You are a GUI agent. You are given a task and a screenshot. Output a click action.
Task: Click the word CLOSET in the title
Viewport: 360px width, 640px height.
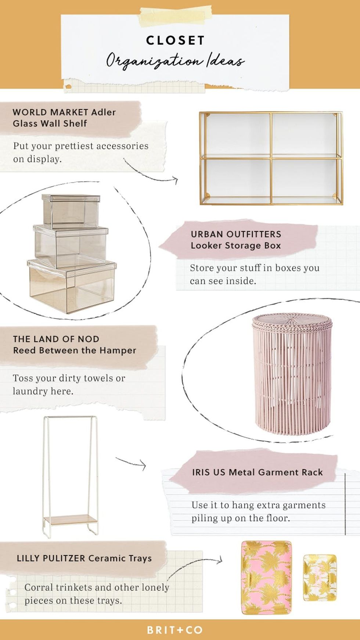point(175,40)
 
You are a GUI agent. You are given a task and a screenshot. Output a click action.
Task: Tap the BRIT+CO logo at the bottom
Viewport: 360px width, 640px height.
point(175,630)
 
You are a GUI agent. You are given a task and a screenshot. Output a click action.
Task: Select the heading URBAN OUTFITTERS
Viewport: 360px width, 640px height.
point(236,234)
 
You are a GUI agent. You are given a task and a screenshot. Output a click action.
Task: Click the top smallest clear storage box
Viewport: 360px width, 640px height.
point(71,211)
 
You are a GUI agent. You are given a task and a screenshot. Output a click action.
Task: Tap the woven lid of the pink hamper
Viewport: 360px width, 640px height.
point(292,321)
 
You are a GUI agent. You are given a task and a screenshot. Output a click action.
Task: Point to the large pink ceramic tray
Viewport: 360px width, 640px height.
point(266,577)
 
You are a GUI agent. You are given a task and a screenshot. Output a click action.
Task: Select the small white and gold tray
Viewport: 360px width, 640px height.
point(320,578)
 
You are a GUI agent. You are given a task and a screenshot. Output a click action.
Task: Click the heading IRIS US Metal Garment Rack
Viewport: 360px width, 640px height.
point(257,472)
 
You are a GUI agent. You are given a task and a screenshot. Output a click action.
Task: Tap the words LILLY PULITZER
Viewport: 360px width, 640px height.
point(51,558)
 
